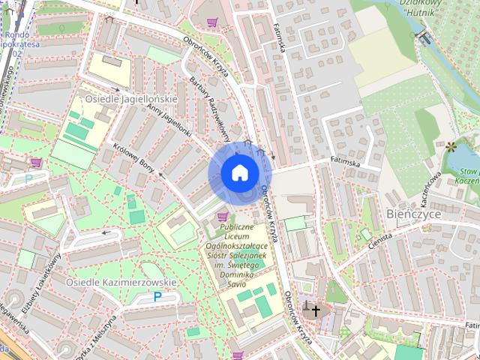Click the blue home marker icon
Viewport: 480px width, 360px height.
coord(239,172)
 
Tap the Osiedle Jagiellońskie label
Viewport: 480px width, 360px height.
coord(131,98)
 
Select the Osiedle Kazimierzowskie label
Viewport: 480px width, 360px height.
coord(121,282)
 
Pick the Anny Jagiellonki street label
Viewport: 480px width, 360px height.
coord(170,121)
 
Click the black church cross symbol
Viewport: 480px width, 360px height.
coord(315,310)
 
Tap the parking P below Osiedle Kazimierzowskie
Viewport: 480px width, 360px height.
coord(157,297)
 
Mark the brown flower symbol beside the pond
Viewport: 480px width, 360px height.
coord(451,146)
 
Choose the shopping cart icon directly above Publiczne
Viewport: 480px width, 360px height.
coord(222,217)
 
